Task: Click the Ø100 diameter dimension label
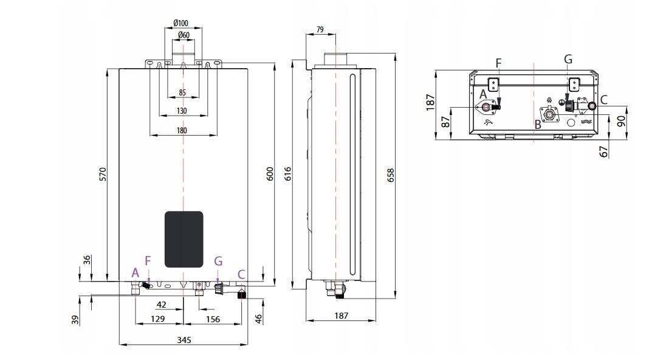[x=180, y=23]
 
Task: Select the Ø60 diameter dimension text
[x=181, y=35]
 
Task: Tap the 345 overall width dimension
[x=183, y=339]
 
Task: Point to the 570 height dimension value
[x=103, y=174]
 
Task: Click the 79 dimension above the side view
[x=320, y=29]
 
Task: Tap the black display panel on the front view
[x=184, y=239]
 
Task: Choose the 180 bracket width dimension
[x=182, y=130]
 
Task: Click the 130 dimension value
[x=182, y=111]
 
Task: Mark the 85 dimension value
[x=182, y=93]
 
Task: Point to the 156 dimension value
[x=213, y=319]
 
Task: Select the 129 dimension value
[x=157, y=319]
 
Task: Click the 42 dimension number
[x=162, y=304]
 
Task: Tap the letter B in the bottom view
[x=537, y=125]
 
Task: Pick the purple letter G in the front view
[x=219, y=261]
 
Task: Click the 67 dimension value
[x=603, y=151]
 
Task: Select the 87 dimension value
[x=445, y=122]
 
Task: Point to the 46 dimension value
[x=259, y=317]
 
